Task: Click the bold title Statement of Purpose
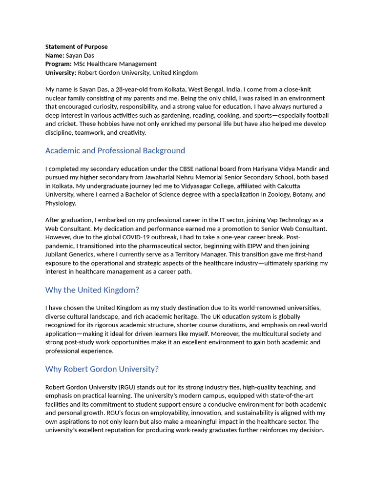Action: click(77, 47)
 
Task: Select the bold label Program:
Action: click(59, 64)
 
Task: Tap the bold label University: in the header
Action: click(61, 73)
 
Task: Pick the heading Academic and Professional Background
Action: click(115, 150)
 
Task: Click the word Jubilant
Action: click(58, 254)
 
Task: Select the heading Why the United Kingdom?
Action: click(92, 290)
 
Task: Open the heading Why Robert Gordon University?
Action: click(102, 369)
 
